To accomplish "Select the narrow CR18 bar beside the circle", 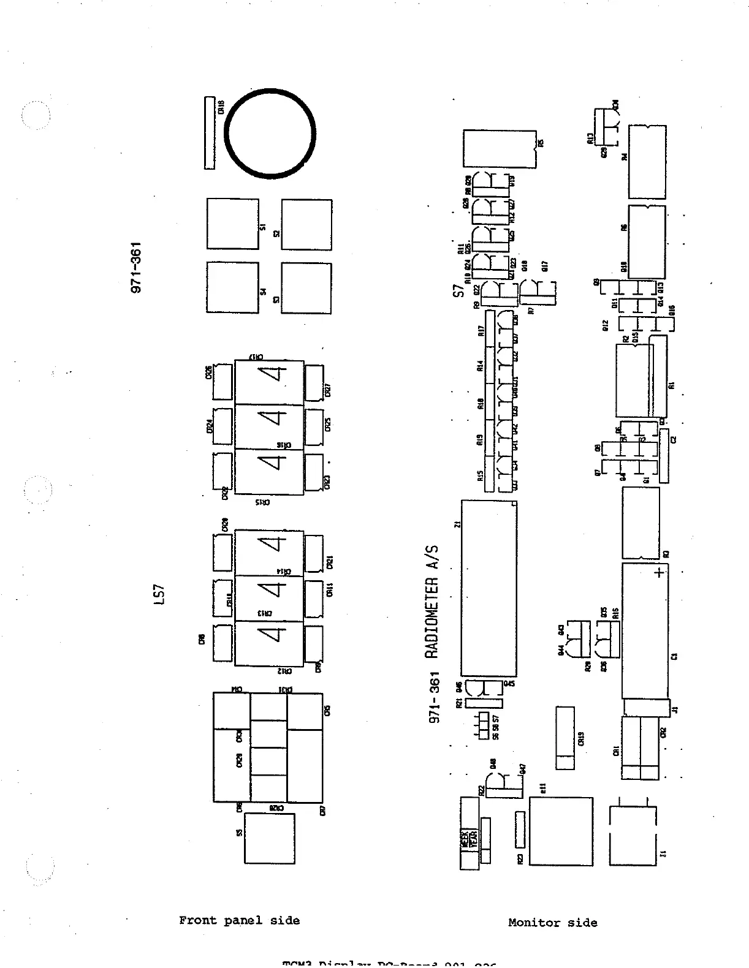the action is (210, 133).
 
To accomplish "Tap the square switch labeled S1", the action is (232, 224).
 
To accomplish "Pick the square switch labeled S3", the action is (306, 288).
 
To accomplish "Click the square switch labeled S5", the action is (269, 838).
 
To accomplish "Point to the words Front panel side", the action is (239, 920).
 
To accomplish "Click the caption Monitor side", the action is (552, 923).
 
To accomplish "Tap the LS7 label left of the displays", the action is (159, 595).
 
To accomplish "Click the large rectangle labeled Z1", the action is (489, 588).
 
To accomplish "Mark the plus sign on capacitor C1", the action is (659, 573).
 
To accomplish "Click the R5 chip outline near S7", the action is (499, 148).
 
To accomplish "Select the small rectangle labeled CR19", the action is (565, 738).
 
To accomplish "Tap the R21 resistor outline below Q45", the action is (484, 703).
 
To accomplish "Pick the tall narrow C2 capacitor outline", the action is (664, 455).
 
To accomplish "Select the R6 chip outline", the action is (647, 241).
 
